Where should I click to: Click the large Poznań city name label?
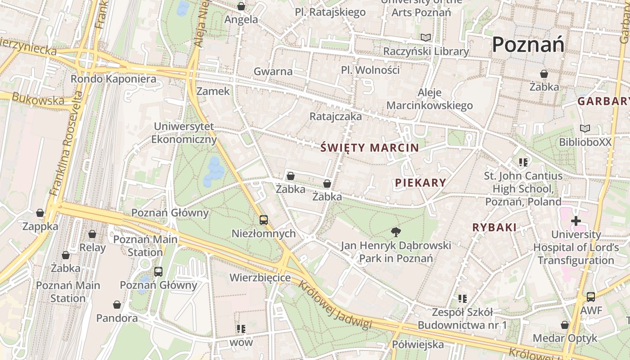click(x=528, y=45)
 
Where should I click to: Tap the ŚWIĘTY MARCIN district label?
click(x=369, y=148)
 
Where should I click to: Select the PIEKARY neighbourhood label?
click(x=420, y=183)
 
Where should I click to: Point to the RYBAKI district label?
click(x=494, y=228)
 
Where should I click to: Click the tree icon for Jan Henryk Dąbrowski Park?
click(x=396, y=232)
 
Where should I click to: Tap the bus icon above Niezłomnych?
click(x=264, y=220)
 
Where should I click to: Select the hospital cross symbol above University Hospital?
click(x=576, y=221)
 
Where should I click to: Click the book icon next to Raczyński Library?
click(x=425, y=38)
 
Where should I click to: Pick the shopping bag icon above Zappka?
click(x=40, y=213)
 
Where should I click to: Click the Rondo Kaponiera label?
click(x=113, y=79)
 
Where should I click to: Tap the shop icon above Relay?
click(x=92, y=234)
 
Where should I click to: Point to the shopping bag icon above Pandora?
click(x=117, y=305)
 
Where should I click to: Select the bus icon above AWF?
click(x=591, y=297)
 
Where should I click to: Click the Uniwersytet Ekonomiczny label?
click(x=184, y=133)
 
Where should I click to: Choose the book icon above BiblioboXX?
click(x=585, y=129)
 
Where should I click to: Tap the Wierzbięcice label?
click(x=260, y=278)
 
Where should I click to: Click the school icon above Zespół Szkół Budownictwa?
click(x=462, y=298)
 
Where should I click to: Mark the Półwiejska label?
click(x=418, y=345)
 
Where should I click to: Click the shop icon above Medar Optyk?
click(x=565, y=325)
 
